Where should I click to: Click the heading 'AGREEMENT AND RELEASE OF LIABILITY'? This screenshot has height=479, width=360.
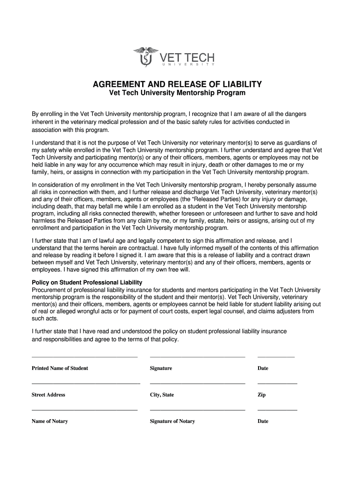click(x=177, y=84)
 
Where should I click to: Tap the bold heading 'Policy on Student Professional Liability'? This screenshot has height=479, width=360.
click(x=86, y=283)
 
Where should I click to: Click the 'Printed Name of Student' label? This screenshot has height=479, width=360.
click(x=59, y=368)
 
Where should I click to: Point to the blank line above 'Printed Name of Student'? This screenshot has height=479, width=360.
click(x=84, y=357)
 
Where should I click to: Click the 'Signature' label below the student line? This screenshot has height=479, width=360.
click(x=161, y=368)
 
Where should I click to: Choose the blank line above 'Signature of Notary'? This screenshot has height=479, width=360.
click(x=197, y=410)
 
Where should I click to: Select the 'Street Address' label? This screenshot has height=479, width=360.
click(x=48, y=395)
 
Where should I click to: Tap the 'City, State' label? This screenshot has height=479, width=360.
click(x=162, y=395)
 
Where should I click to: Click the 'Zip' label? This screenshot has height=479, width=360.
click(x=261, y=395)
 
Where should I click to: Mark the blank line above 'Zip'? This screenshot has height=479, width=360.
click(x=277, y=384)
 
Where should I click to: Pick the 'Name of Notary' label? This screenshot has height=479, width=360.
click(x=50, y=421)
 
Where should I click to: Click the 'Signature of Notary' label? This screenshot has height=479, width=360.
click(x=172, y=421)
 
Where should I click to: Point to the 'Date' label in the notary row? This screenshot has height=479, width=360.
click(x=263, y=421)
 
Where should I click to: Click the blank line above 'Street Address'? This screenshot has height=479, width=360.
click(x=86, y=384)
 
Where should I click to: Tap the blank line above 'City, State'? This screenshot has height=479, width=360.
click(x=197, y=384)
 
